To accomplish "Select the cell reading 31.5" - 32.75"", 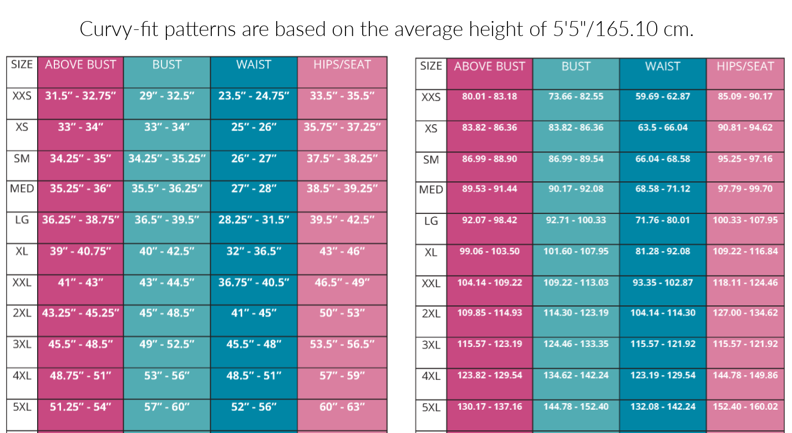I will [80, 96].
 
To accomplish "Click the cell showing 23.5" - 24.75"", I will [254, 96].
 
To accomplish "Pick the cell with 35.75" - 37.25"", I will [342, 127].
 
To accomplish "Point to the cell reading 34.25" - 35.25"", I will [167, 159].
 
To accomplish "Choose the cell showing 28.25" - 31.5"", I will [254, 220].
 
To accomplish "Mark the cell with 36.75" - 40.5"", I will [254, 282].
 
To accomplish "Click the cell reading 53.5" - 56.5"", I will [342, 344].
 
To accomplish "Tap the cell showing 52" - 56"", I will [254, 407].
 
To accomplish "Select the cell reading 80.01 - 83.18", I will [489, 96].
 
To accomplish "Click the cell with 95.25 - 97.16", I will [745, 159].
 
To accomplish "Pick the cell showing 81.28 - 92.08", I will [663, 251].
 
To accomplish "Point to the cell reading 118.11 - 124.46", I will [745, 282].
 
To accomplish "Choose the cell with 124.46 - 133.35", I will [576, 344].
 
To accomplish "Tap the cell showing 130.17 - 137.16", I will [489, 406].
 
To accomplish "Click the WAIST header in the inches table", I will [253, 64].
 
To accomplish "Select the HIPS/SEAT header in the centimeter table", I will [745, 67].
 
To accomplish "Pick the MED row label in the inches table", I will [22, 189].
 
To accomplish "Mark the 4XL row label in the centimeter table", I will [431, 376].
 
